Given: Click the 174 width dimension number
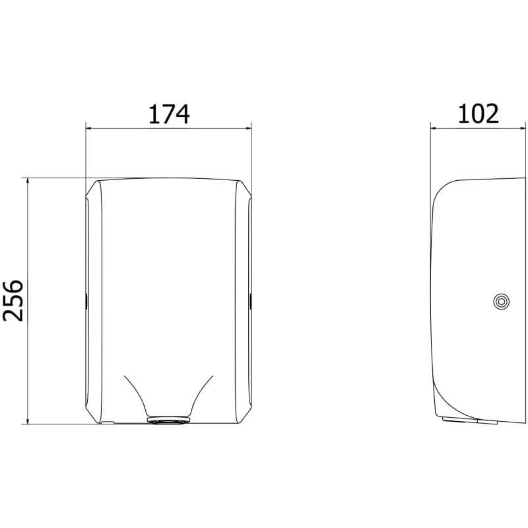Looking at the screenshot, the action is pyautogui.click(x=169, y=114).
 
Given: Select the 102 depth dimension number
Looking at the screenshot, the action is pyautogui.click(x=478, y=114).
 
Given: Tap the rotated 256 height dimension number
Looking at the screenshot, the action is pyautogui.click(x=13, y=300).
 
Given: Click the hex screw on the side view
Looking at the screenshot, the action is pyautogui.click(x=501, y=302).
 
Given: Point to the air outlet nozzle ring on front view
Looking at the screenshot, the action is pyautogui.click(x=168, y=420).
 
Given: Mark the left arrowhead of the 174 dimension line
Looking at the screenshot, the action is pyautogui.click(x=88, y=128).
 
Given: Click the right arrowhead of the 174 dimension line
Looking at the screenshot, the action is pyautogui.click(x=249, y=128).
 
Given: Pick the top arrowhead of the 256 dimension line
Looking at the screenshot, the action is pyautogui.click(x=28, y=181).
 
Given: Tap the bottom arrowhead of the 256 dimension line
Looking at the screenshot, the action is pyautogui.click(x=28, y=421).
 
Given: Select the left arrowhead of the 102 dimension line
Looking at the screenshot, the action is pyautogui.click(x=434, y=128).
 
